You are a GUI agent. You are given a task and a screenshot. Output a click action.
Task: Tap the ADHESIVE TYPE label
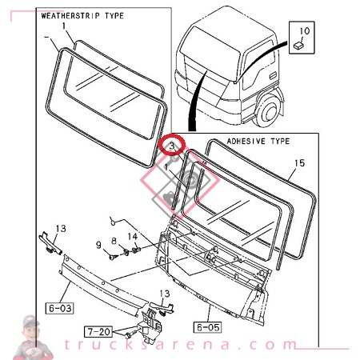258,140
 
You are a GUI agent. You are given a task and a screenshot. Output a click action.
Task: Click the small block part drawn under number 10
298,46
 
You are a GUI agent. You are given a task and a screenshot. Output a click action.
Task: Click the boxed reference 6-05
206,326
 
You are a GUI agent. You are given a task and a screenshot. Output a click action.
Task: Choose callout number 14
134,237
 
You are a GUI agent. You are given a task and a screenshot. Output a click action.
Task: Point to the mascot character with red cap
30,335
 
